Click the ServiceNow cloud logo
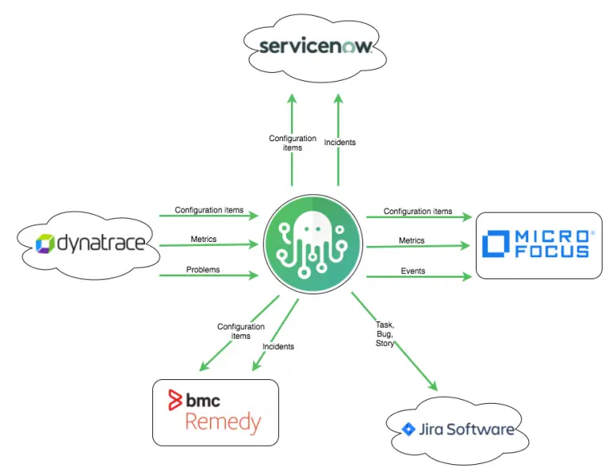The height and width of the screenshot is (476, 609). pos(315,46)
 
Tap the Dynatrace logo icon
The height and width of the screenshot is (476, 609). pos(45,243)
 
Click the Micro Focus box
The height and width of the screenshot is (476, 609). pos(538,245)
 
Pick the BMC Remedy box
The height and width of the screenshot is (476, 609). pos(215,412)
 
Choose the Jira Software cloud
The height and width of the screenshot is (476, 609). pos(456,430)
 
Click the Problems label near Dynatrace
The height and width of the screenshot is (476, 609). pos(203,270)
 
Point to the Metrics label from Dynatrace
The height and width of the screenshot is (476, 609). pos(204,240)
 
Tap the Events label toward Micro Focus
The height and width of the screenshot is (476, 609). pos(412,271)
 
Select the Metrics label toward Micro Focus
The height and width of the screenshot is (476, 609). pos(412,240)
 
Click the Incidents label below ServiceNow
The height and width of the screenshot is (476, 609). pos(339,143)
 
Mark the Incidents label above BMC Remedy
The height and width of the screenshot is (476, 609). pos(278,347)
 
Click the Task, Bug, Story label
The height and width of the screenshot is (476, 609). pos(385,334)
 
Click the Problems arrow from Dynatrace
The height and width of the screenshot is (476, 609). pos(209,275)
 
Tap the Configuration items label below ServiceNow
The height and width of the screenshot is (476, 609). pos(293,143)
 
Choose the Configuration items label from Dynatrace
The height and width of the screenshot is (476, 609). pos(209,210)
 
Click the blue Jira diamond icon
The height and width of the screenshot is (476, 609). pos(408,429)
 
